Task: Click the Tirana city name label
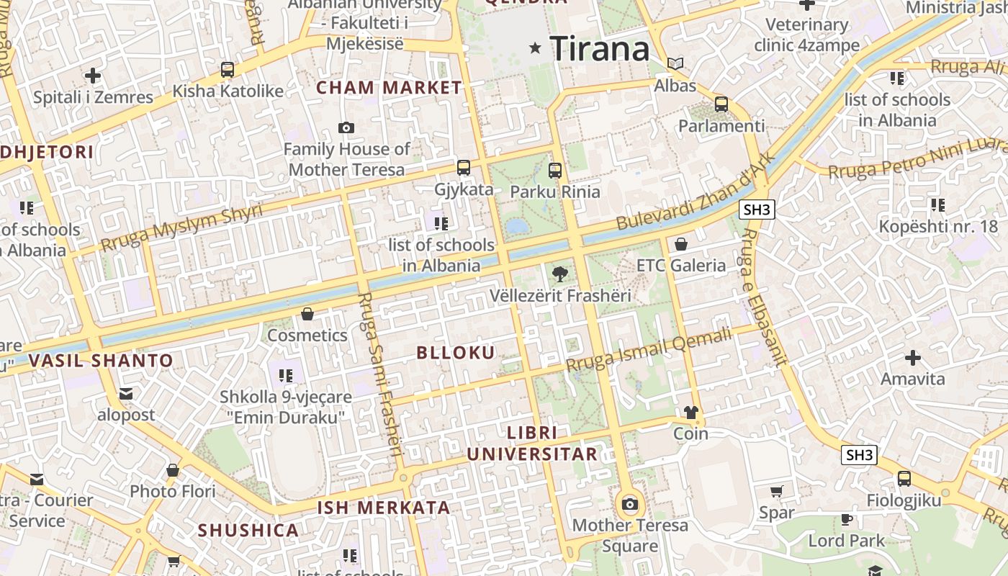600,49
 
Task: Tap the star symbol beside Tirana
535,48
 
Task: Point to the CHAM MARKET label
389,88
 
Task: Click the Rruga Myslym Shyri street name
181,226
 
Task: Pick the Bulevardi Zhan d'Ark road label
696,192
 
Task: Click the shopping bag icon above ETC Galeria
680,244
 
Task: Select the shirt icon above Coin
691,413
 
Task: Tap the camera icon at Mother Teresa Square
630,504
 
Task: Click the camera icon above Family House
346,128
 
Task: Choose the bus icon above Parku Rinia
554,171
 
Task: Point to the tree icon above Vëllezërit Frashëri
559,274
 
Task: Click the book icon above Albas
675,64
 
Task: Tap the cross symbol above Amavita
912,357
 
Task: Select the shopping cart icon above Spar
776,492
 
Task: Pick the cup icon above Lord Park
847,519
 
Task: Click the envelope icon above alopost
126,394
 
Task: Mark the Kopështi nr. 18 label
938,227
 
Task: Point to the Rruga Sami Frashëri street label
381,374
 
